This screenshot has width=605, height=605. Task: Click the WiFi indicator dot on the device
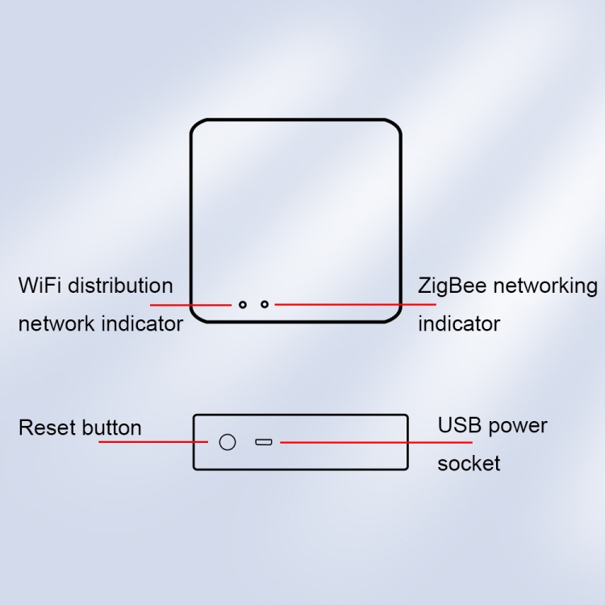point(242,305)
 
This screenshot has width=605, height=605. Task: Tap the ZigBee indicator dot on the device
point(265,304)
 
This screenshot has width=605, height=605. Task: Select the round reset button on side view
point(227,442)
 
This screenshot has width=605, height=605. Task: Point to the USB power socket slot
point(264,442)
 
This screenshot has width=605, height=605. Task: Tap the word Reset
point(43,428)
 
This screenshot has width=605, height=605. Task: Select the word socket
point(469,464)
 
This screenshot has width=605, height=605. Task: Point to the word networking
point(546,286)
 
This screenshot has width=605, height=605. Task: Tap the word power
point(517,426)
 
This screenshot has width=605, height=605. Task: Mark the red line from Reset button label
point(153,442)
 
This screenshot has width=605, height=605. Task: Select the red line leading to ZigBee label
point(355,304)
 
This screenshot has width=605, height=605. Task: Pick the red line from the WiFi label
point(190,305)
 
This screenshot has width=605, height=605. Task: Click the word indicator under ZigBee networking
point(458,323)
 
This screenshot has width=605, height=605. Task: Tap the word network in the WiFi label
point(56,323)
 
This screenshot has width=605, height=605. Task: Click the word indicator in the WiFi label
point(142,323)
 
